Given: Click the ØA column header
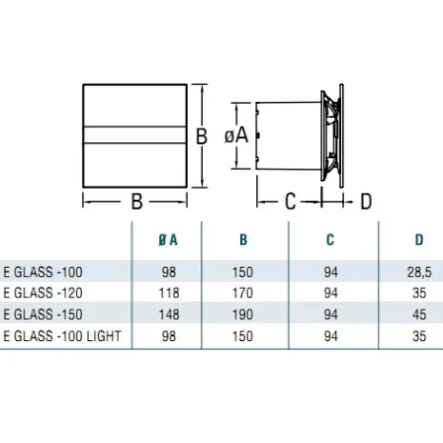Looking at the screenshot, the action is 168,240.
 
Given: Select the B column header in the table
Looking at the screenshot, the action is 243,240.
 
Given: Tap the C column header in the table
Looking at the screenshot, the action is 331,240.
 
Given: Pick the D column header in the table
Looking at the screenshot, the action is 419,240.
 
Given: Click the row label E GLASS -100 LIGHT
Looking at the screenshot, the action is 63,336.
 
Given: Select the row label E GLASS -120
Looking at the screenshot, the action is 43,293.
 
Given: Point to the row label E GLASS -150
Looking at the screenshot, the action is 43,314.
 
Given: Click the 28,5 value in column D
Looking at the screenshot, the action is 419,272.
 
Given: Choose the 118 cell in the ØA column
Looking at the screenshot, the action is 169,293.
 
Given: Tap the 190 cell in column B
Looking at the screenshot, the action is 243,314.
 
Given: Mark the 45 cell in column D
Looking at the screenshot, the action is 419,314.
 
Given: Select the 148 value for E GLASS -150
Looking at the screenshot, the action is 169,314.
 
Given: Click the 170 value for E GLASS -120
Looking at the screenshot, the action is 243,293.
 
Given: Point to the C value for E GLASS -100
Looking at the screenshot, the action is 331,272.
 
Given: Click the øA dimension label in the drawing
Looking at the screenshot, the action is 236,136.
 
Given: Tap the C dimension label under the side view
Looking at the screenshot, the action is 291,201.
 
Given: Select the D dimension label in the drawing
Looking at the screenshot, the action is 366,201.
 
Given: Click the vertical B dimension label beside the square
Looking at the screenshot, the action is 201,136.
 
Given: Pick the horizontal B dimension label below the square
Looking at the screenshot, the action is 137,201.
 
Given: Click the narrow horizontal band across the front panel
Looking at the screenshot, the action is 134,135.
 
